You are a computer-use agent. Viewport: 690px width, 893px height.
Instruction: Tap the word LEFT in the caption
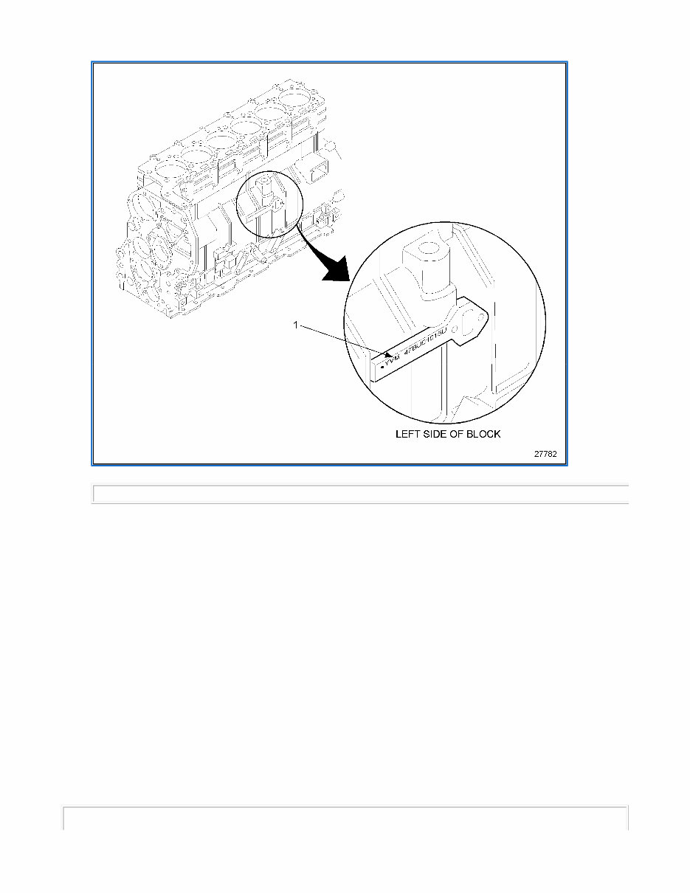(x=407, y=434)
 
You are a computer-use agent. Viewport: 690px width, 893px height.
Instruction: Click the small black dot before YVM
(x=381, y=367)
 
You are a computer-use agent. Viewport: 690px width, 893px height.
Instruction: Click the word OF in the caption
(x=458, y=434)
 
